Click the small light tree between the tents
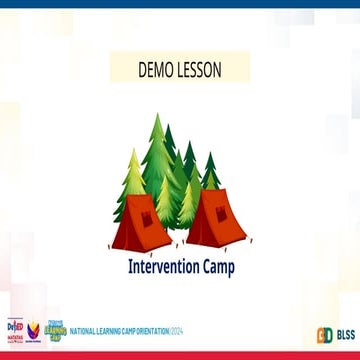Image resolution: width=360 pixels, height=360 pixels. (183, 205)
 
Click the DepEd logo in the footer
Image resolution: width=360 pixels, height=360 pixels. (15, 329)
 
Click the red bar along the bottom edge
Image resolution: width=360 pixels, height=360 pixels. (180, 355)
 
